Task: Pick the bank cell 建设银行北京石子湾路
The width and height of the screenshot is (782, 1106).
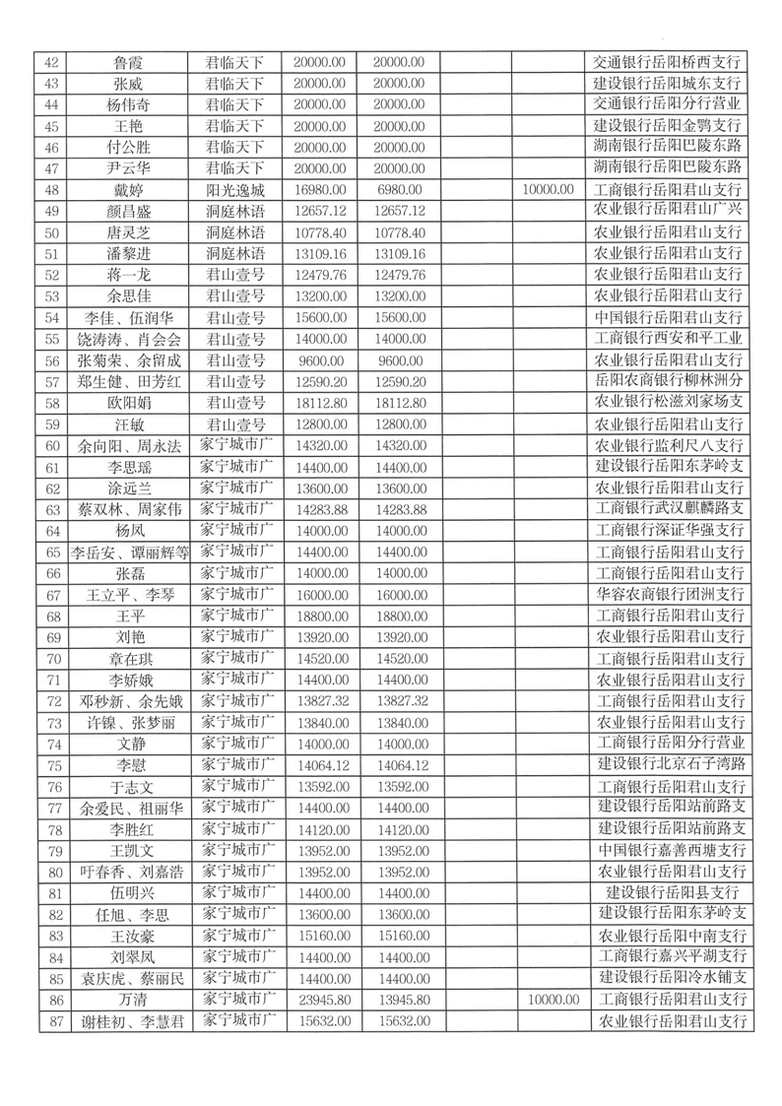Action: click(x=672, y=764)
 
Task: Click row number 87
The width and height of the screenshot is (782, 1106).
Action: click(x=54, y=1022)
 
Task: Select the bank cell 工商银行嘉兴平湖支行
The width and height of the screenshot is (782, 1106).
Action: click(x=672, y=956)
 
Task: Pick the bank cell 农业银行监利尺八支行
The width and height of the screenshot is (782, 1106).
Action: click(x=672, y=445)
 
